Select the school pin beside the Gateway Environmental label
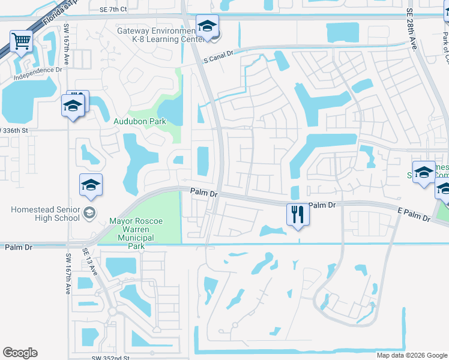tap(207, 27)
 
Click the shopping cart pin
tap(21, 41)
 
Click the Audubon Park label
tap(140, 121)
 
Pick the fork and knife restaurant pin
tap(298, 214)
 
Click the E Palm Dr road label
tap(414, 214)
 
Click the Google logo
tap(20, 353)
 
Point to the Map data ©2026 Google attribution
tap(411, 355)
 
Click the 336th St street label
tap(16, 131)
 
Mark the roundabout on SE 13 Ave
tap(112, 312)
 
